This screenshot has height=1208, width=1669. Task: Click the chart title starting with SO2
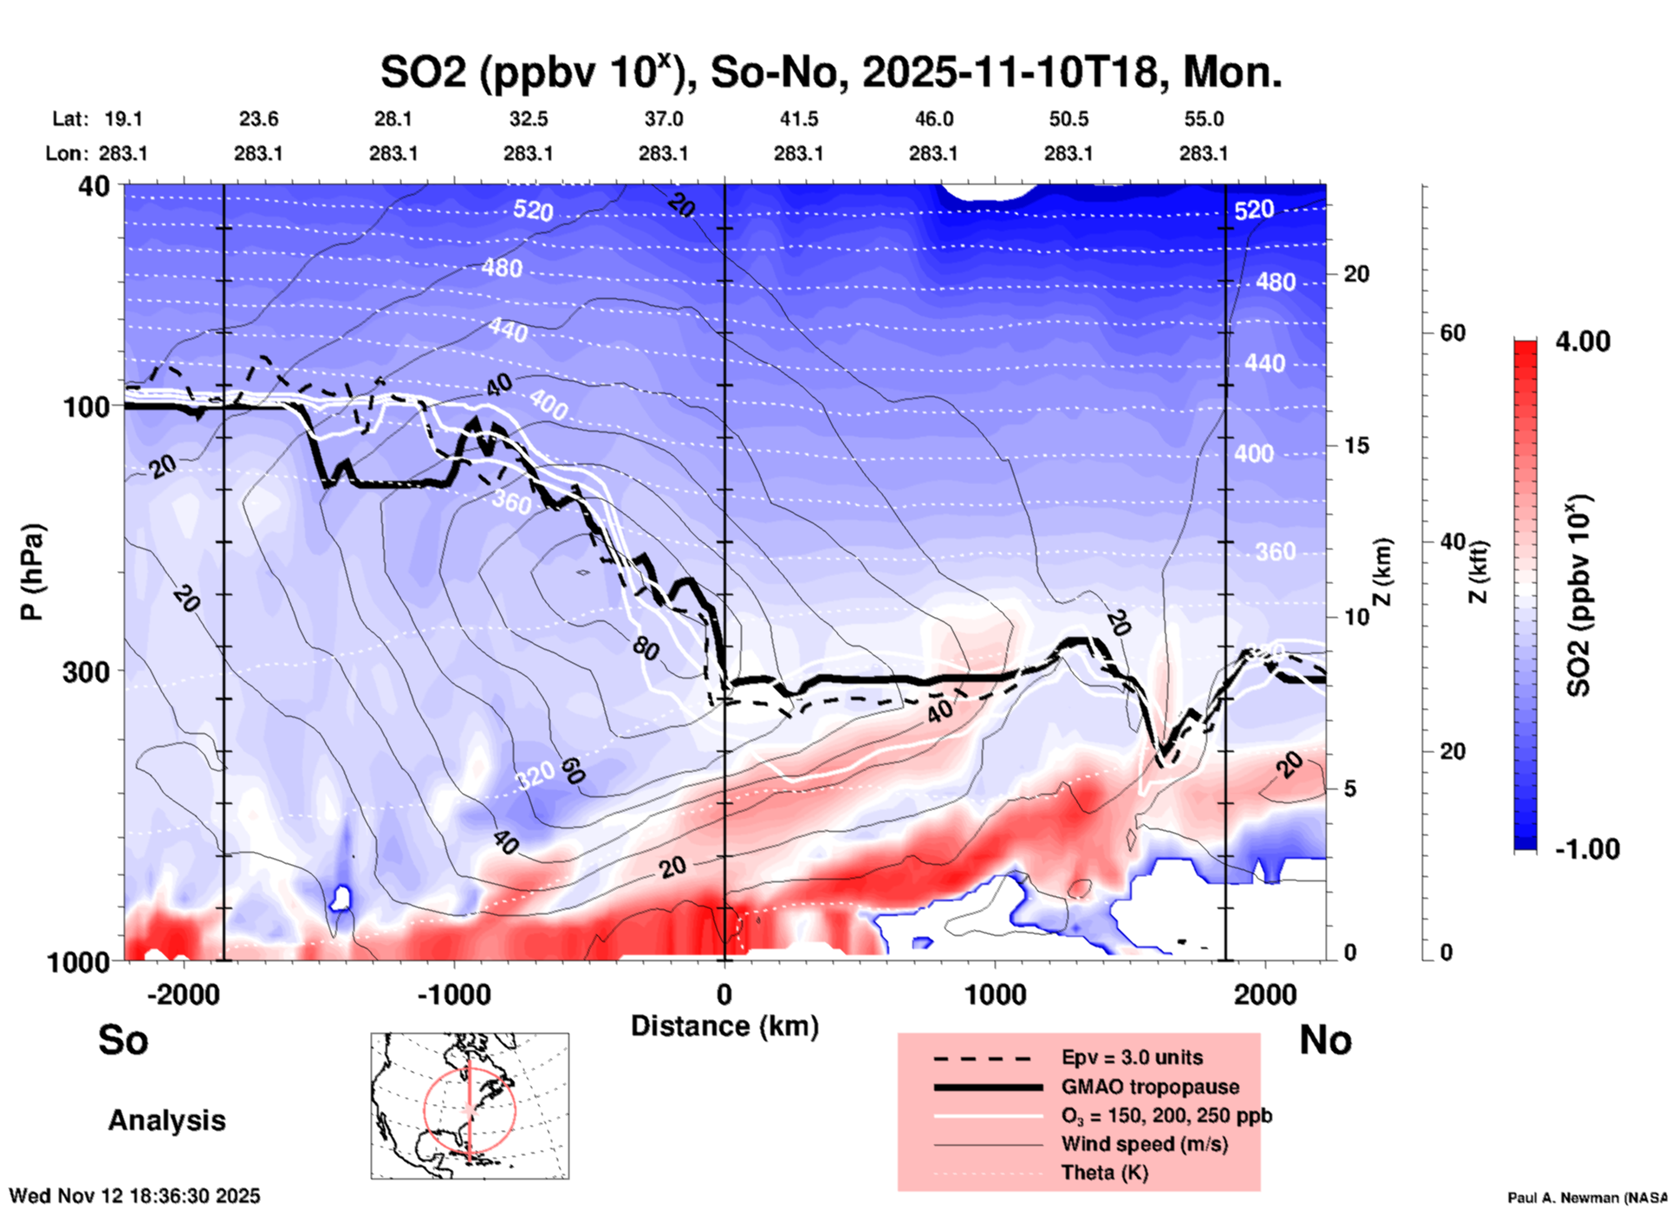tap(830, 72)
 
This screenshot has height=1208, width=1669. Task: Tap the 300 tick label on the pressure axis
tap(87, 672)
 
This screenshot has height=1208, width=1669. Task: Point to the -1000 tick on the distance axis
tap(453, 995)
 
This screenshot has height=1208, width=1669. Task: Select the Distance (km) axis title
tap(724, 1026)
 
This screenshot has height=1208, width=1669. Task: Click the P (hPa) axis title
tap(32, 572)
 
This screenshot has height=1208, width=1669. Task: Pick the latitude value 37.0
tap(663, 119)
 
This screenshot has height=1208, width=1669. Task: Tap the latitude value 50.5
tap(1068, 119)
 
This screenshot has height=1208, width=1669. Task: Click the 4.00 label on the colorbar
tap(1582, 341)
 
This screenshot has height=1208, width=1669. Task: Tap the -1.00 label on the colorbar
tap(1586, 849)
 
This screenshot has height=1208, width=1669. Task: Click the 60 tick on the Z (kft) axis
tap(1452, 333)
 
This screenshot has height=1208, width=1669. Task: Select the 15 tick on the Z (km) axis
tap(1355, 445)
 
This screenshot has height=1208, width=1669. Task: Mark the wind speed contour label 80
tap(646, 648)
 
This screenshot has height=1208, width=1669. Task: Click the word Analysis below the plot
tap(166, 1120)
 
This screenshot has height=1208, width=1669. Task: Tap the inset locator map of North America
tap(470, 1105)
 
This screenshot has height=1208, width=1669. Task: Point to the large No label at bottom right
tap(1325, 1040)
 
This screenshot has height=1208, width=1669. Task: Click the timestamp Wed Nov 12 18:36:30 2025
tap(135, 1196)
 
